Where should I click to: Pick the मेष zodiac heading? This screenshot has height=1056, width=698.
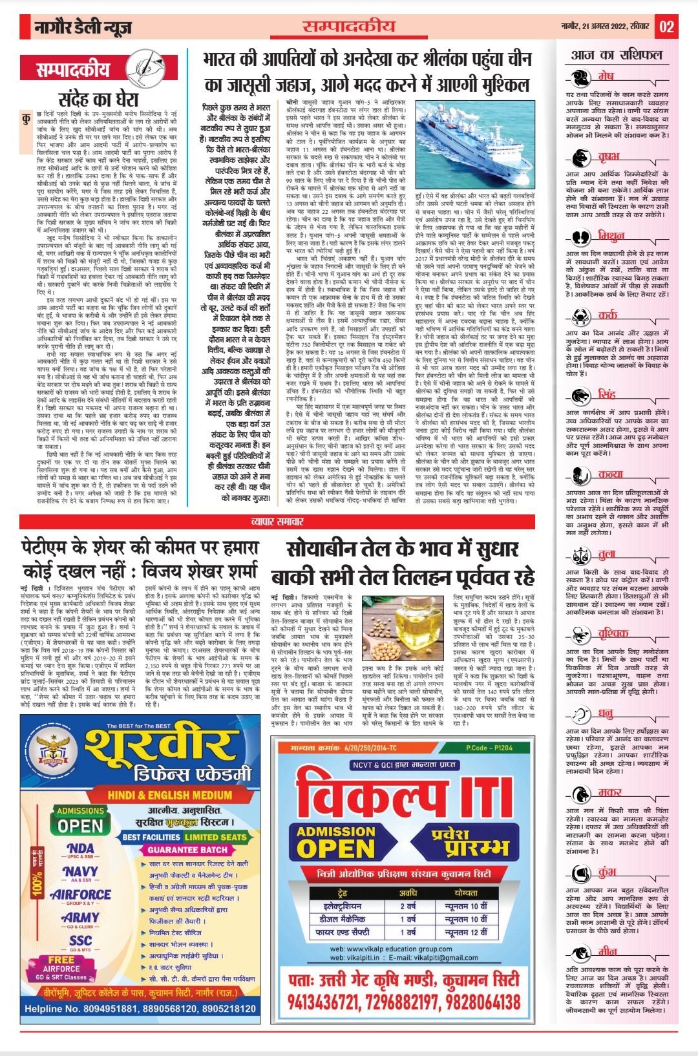606,76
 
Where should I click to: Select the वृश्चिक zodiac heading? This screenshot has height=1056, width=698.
613,633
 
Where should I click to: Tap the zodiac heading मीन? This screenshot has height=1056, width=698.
608,951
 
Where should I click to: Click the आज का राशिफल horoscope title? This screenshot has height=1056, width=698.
617,55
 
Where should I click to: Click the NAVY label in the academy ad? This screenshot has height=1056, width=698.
81,871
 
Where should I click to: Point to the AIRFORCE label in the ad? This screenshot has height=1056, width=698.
81,894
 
